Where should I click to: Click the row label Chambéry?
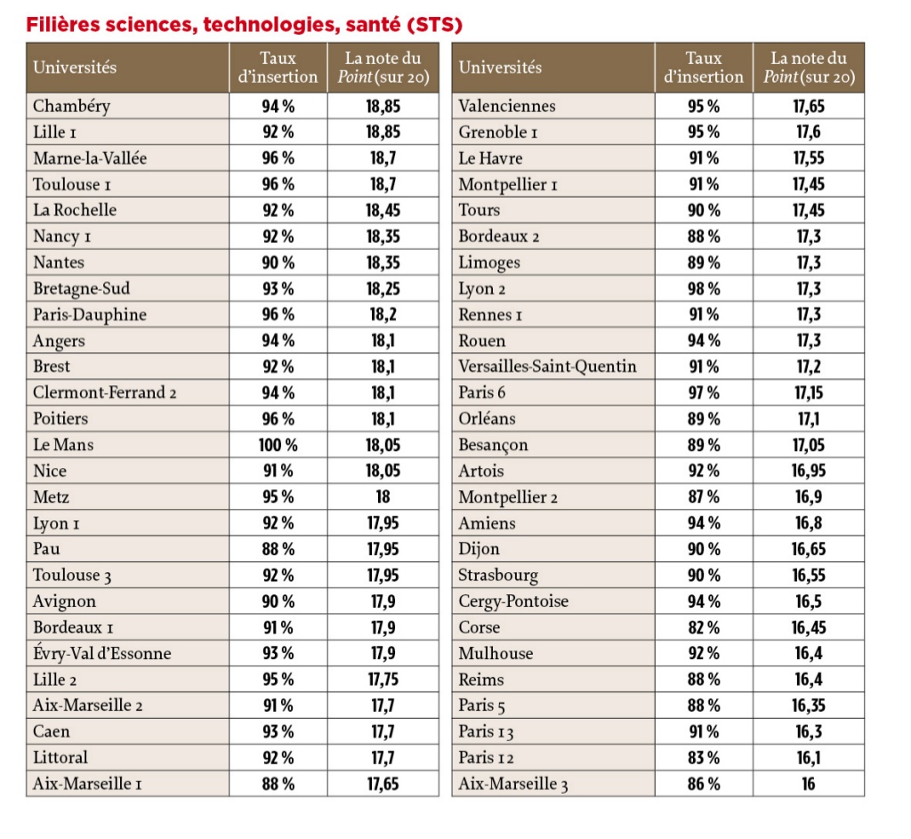(71, 106)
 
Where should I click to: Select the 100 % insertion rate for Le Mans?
(278, 445)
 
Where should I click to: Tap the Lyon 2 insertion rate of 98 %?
(704, 288)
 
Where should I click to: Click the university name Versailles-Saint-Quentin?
(547, 367)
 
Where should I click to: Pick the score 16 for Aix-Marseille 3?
(808, 784)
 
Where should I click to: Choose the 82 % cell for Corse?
(704, 627)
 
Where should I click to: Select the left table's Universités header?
(75, 68)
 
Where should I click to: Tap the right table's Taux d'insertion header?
(704, 68)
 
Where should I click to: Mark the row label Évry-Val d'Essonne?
(101, 654)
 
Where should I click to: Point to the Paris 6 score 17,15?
(808, 392)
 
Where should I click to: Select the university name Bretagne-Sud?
(81, 288)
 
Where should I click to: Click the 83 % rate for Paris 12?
(704, 758)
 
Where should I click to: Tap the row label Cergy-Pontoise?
(513, 601)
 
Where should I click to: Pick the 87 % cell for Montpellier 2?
(704, 497)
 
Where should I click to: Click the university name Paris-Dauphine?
(90, 315)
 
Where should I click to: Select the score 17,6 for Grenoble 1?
(808, 132)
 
